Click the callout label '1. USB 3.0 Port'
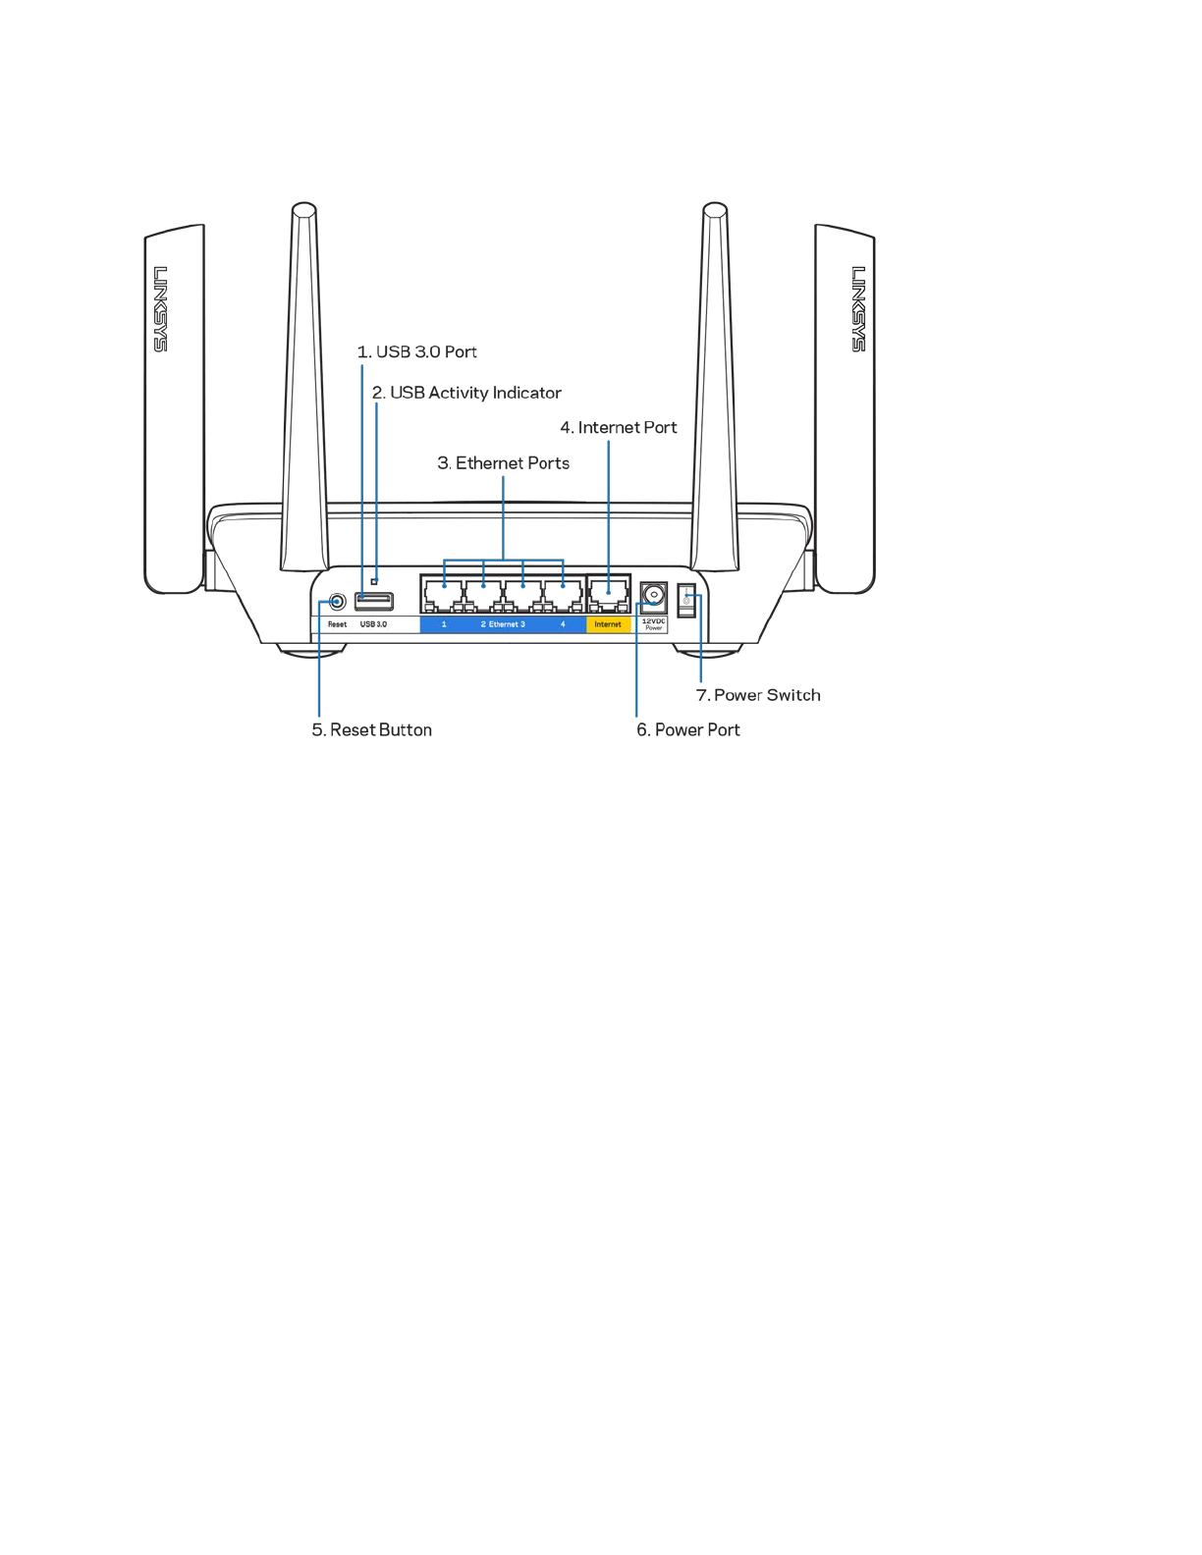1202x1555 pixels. pos(417,351)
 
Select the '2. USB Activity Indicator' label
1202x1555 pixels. pos(466,393)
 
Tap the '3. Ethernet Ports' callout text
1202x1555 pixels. pos(504,463)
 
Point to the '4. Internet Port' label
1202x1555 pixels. pos(619,428)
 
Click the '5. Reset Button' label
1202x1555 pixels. pos(372,730)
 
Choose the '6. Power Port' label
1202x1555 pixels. pos(688,730)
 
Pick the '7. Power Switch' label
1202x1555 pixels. pos(758,695)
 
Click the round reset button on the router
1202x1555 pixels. pos(337,601)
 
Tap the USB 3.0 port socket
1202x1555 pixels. pos(374,600)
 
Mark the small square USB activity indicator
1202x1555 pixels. pos(374,581)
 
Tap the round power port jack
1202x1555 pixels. pos(654,596)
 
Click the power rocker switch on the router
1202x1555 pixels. pos(686,601)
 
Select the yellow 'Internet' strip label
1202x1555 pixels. pos(608,624)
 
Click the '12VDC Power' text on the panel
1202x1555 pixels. pos(654,624)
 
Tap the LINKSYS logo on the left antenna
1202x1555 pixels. pos(160,308)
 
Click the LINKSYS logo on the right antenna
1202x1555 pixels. pos(858,308)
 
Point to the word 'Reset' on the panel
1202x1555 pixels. pos(337,624)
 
